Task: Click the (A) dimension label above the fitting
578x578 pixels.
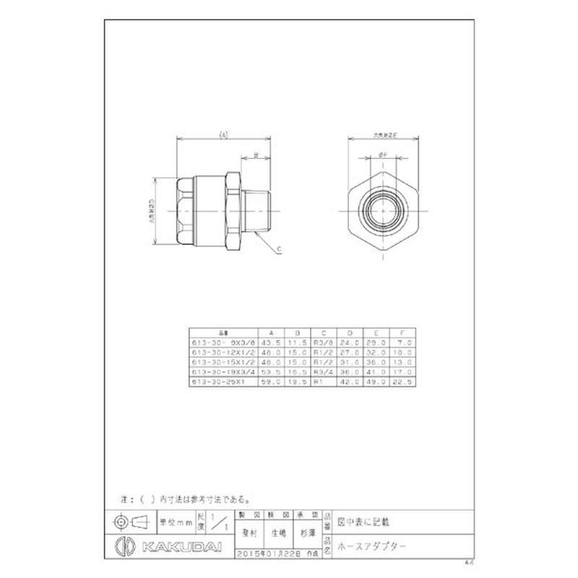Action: click(x=223, y=135)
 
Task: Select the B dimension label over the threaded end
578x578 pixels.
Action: click(x=255, y=154)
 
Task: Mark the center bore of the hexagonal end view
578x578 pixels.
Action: click(x=381, y=210)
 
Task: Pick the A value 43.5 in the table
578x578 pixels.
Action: click(x=270, y=342)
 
